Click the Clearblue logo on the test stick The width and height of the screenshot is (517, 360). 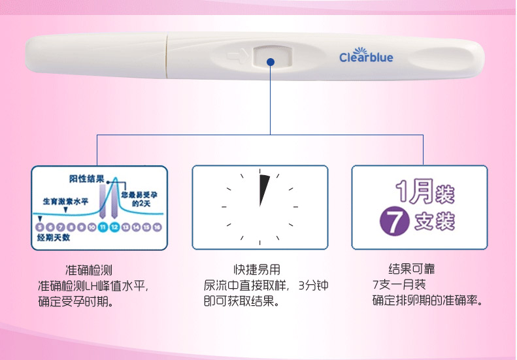coord(366,57)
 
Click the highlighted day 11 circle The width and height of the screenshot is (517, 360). coord(103,227)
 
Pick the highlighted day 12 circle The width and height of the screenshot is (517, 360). coord(114,227)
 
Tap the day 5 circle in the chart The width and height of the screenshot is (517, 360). coord(40,227)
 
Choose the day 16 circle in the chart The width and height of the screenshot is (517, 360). coord(158,227)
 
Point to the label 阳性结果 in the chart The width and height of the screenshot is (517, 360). coord(85,178)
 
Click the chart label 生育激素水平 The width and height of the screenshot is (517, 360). coord(66,201)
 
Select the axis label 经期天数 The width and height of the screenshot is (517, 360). coord(53,238)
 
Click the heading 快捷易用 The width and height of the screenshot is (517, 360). coord(257,269)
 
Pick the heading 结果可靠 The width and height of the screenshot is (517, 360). coord(412,269)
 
